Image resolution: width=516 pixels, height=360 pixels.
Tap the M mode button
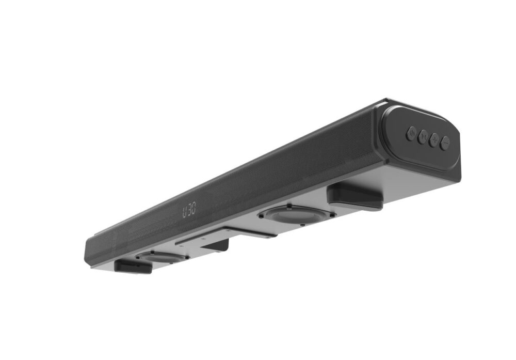pyautogui.click(x=423, y=137)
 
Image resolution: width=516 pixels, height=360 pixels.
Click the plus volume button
pyautogui.click(x=434, y=140)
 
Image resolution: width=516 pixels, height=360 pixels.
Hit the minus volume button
pyautogui.click(x=445, y=143)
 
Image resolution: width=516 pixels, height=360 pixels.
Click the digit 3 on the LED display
pyautogui.click(x=189, y=210)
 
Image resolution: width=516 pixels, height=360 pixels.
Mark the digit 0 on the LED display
pyautogui.click(x=194, y=210)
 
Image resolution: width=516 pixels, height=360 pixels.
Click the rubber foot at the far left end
pyautogui.click(x=133, y=267)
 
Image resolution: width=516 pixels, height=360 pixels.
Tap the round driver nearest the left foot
pyautogui.click(x=162, y=256)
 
